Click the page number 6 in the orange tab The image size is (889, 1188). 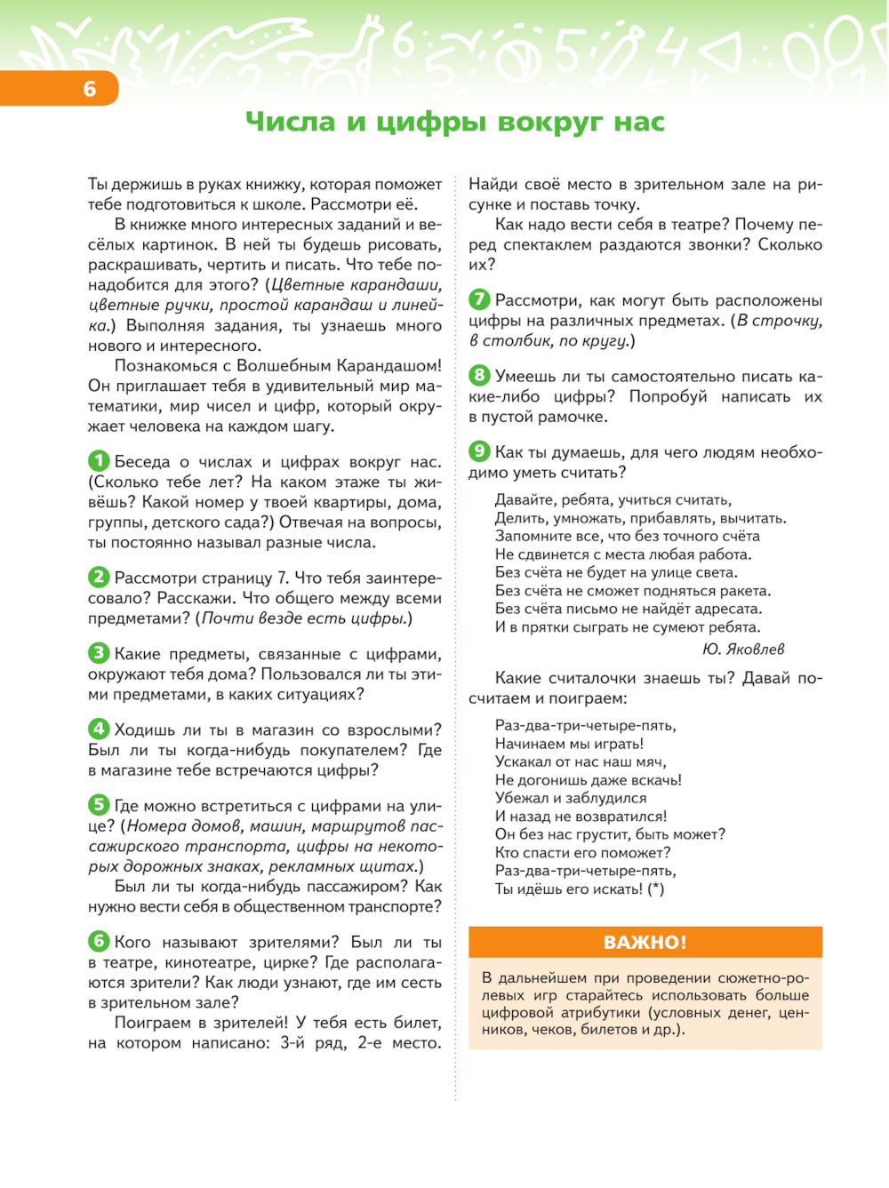tap(89, 89)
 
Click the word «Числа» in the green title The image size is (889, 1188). tap(290, 122)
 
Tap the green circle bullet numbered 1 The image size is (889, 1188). tap(99, 461)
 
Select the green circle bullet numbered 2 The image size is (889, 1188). tap(99, 577)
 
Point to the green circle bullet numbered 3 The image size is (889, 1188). tap(99, 653)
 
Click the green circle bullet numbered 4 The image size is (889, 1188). tap(99, 729)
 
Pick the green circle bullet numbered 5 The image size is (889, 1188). tap(99, 805)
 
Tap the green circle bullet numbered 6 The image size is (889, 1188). tap(99, 941)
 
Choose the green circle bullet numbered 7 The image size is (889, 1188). tap(479, 299)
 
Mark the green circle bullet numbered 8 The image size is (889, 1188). tap(479, 375)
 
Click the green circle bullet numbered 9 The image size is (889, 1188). tap(479, 451)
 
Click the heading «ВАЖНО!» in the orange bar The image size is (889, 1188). tap(645, 943)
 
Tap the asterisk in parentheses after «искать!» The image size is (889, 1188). tap(655, 889)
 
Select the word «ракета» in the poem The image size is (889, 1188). tap(745, 591)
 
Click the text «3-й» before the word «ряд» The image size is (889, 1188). tap(292, 1043)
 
